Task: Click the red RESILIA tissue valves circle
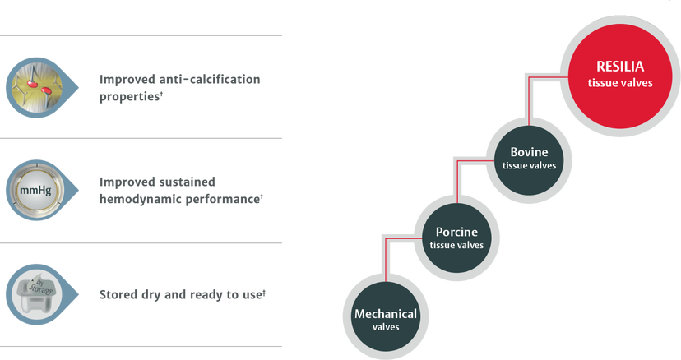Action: (620, 76)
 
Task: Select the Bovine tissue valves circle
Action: (529, 160)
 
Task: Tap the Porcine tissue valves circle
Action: (456, 238)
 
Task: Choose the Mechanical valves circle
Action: (386, 317)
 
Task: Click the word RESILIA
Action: (620, 67)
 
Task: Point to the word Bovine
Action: (529, 152)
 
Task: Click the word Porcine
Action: (456, 232)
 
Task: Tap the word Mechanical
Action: (386, 313)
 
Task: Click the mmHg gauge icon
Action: (36, 190)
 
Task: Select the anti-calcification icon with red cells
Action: (36, 87)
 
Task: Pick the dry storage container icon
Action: (36, 294)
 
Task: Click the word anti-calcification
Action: (210, 79)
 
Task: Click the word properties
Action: (129, 96)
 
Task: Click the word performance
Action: (222, 200)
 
